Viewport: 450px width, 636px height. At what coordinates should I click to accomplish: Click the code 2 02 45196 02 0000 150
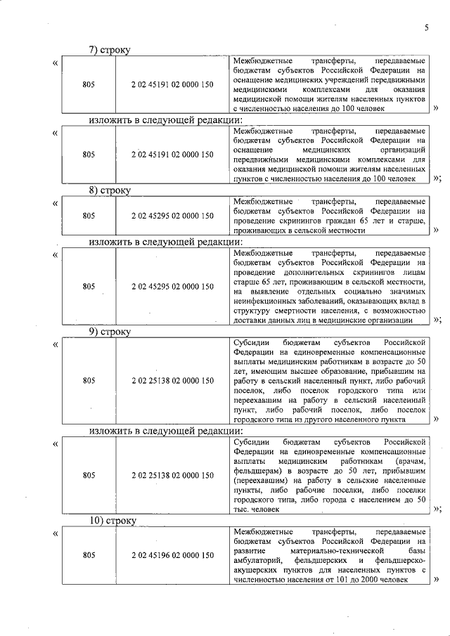point(172,555)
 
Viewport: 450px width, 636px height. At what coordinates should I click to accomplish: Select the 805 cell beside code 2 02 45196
point(89,555)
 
